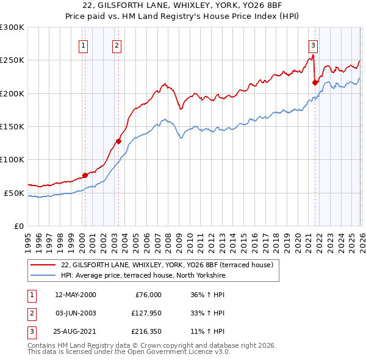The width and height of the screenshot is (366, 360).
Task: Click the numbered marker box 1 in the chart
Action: [x=83, y=45]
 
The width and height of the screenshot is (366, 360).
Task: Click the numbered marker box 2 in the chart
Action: [x=116, y=45]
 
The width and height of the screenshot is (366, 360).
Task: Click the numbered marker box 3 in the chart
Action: [x=313, y=45]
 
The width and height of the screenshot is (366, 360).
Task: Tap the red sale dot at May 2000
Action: [x=85, y=175]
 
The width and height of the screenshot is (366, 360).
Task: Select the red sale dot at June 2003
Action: [x=118, y=141]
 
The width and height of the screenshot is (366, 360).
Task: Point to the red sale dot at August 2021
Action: [x=315, y=82]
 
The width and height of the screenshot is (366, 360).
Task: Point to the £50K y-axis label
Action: [x=14, y=193]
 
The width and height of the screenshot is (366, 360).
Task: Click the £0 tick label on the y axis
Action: [x=18, y=226]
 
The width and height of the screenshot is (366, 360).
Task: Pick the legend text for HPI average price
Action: [x=143, y=276]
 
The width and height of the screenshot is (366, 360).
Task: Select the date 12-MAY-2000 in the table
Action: [x=75, y=295]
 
